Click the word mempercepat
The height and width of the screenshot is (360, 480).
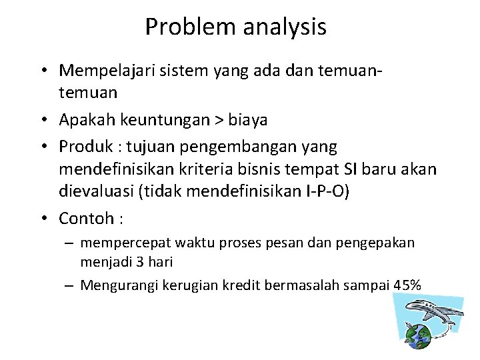point(118,244)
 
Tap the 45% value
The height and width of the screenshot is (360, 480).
point(407,285)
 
